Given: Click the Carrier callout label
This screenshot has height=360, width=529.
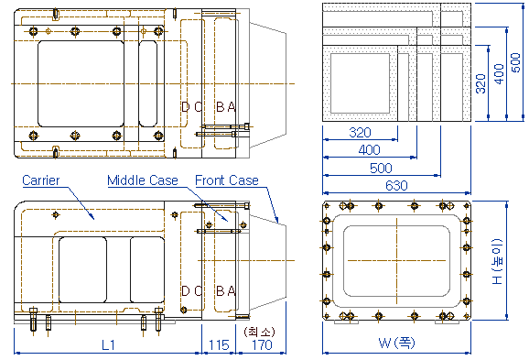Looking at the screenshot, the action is (41, 180).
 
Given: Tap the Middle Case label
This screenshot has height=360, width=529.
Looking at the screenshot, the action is (143, 180).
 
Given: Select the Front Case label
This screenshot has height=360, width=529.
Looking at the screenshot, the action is (227, 180).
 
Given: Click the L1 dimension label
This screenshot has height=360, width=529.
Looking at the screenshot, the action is (108, 344).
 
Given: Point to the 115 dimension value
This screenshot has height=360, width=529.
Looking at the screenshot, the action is (219, 344).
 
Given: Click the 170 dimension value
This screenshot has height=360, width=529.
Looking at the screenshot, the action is (262, 344).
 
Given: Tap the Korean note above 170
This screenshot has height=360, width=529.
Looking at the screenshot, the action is (259, 332).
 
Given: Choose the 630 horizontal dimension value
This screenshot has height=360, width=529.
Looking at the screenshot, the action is (396, 185).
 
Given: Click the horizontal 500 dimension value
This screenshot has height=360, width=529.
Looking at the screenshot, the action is (381, 168).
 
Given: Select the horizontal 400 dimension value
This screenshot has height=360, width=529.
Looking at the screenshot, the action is (370, 149).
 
